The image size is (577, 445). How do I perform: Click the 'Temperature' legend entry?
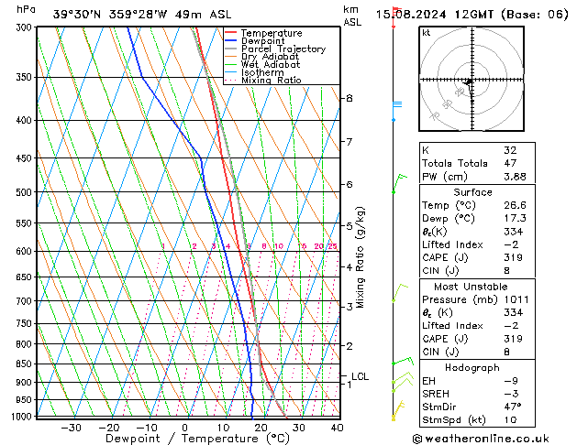[x=270, y=33]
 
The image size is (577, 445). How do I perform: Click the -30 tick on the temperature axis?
[x=71, y=428]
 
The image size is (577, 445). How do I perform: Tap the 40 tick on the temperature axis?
[x=337, y=428]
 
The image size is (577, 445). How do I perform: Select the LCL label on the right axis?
[x=360, y=376]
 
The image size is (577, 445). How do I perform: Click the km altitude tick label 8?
[x=349, y=98]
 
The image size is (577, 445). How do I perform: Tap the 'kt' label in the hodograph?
[x=426, y=32]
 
